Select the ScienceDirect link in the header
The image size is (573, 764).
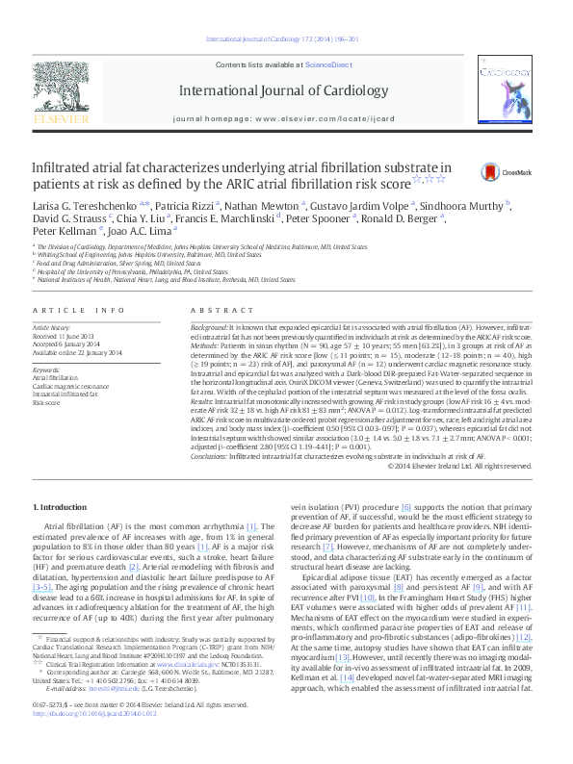(329, 64)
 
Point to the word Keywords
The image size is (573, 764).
(46, 369)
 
